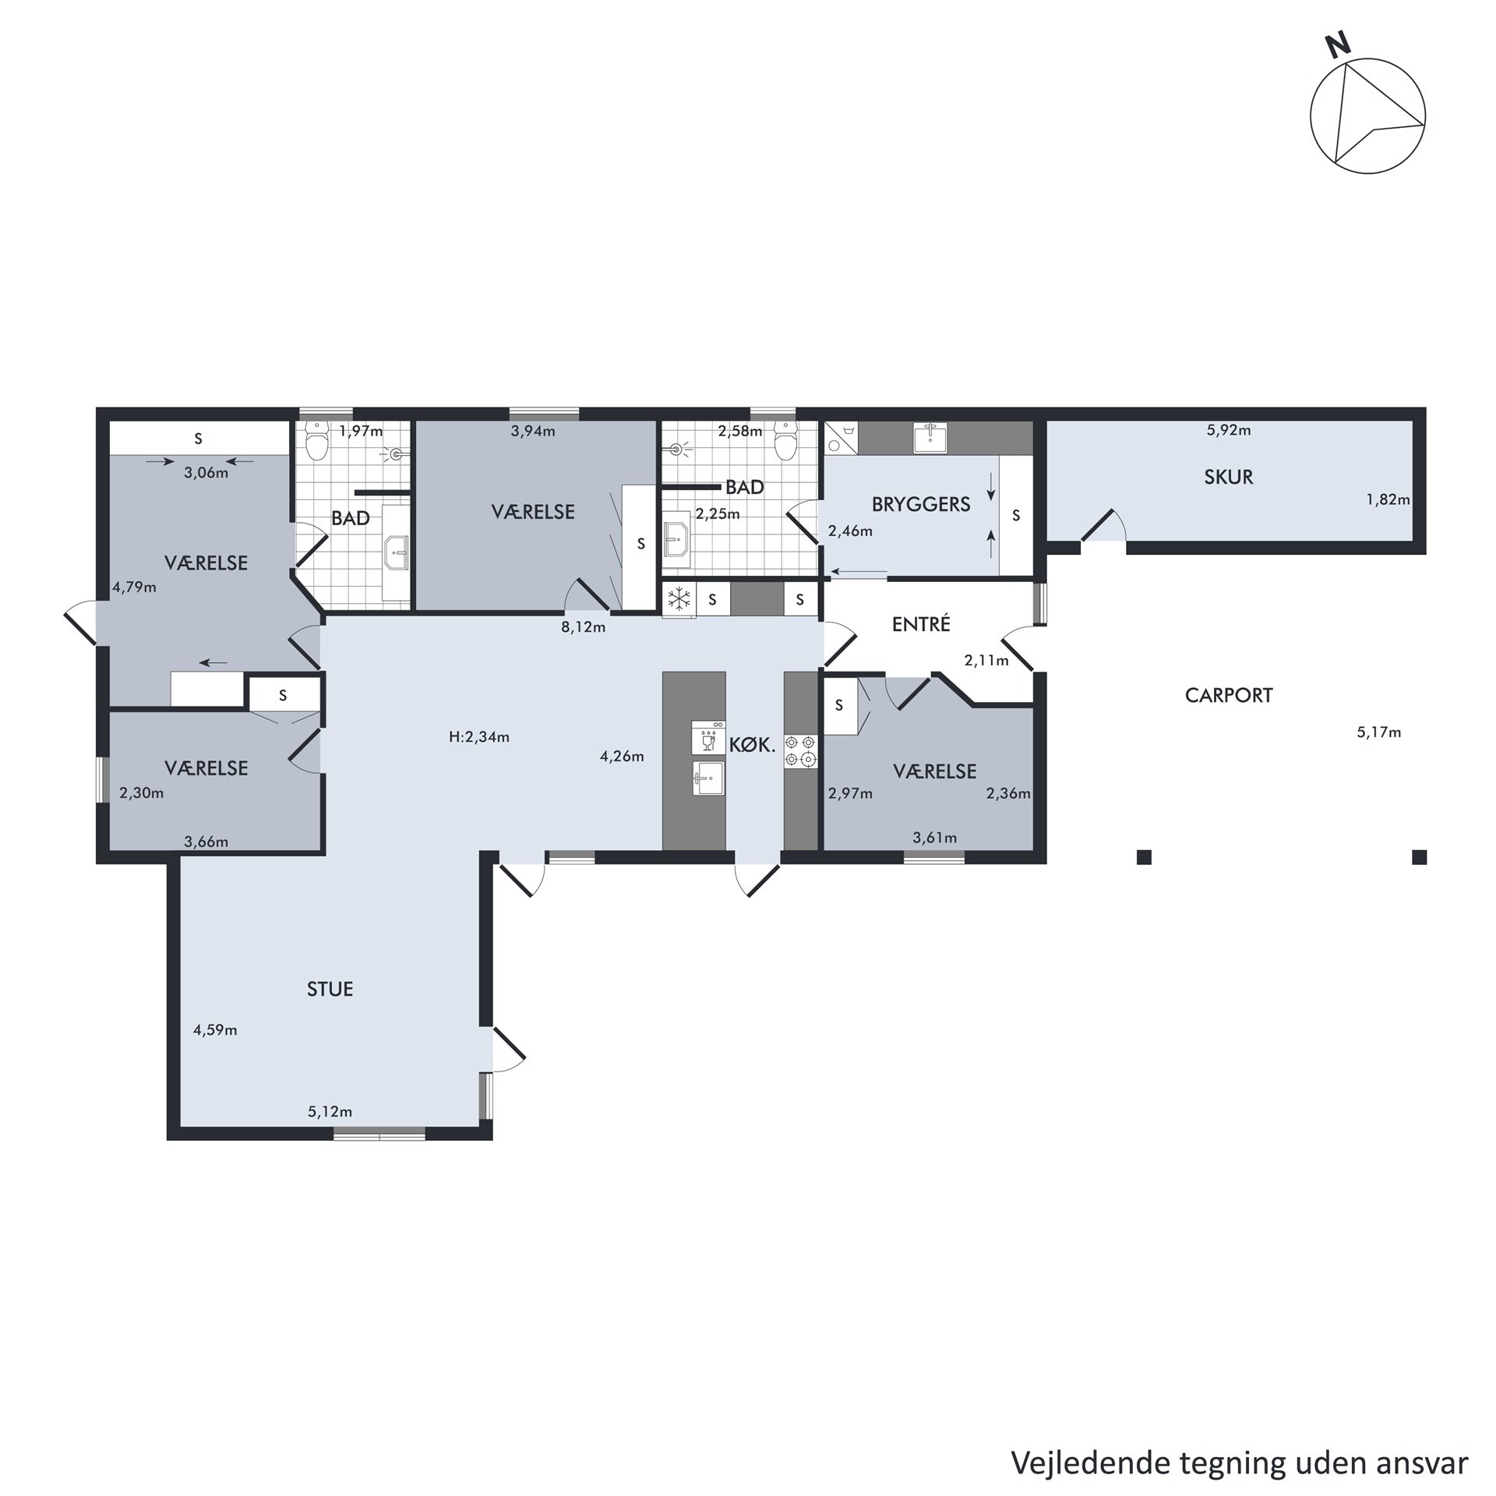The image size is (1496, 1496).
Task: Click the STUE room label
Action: [x=330, y=990]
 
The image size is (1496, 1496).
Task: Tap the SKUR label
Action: [x=1229, y=477]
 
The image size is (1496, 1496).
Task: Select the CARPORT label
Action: [x=1229, y=695]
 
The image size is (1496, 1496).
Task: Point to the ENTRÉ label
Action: [x=921, y=623]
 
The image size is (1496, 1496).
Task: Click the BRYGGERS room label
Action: [x=921, y=504]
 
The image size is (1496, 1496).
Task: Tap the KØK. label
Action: [x=753, y=745]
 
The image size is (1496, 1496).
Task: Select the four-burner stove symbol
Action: [x=801, y=750]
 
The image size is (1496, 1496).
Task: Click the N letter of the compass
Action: [x=1339, y=47]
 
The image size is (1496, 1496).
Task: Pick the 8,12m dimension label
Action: [x=584, y=627]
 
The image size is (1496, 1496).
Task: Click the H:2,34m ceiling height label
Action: [x=479, y=737]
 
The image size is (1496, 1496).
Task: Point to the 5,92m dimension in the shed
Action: [x=1229, y=430]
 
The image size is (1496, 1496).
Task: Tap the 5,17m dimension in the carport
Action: [x=1379, y=732]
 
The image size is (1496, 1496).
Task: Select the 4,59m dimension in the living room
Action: [x=215, y=1030]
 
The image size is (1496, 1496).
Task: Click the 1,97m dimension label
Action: [x=362, y=430]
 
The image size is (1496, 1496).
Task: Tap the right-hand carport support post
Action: [x=1420, y=857]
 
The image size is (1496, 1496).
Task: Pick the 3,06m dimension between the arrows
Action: [x=206, y=472]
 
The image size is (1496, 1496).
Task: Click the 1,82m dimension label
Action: [x=1388, y=499]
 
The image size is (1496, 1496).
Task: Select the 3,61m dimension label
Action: [x=935, y=838]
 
